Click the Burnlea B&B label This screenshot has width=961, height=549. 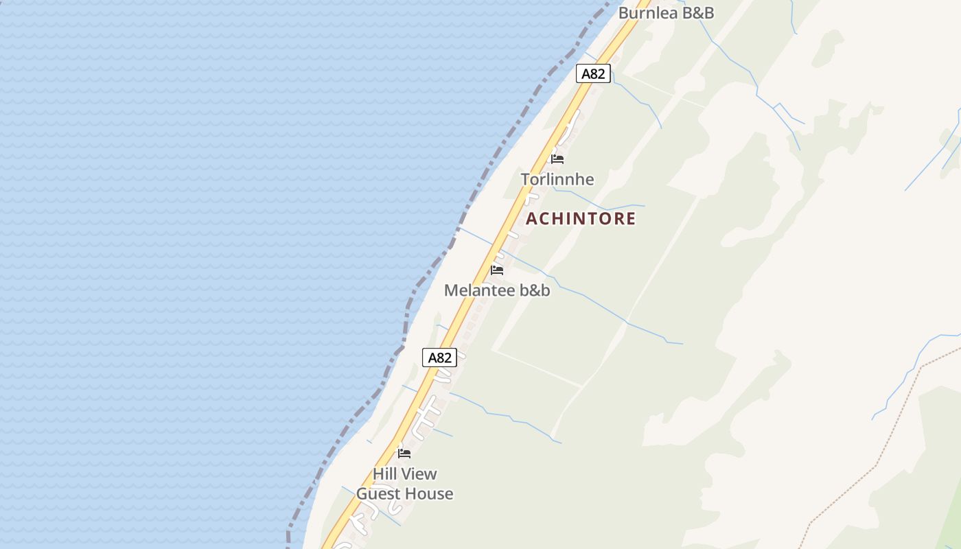point(666,12)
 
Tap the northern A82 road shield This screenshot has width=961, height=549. point(593,73)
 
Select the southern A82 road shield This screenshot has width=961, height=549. point(439,358)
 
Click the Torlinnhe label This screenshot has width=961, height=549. point(557,179)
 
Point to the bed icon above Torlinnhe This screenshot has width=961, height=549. point(557,159)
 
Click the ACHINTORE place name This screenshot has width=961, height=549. point(581,218)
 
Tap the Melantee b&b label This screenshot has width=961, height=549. point(497,290)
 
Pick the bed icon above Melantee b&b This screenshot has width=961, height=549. point(497,270)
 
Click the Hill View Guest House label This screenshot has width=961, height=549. point(404,484)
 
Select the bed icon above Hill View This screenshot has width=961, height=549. point(404,454)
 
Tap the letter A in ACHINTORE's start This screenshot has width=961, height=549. point(532,219)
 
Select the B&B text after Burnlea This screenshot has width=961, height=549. point(697,12)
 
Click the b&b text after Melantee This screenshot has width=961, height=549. point(535,290)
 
